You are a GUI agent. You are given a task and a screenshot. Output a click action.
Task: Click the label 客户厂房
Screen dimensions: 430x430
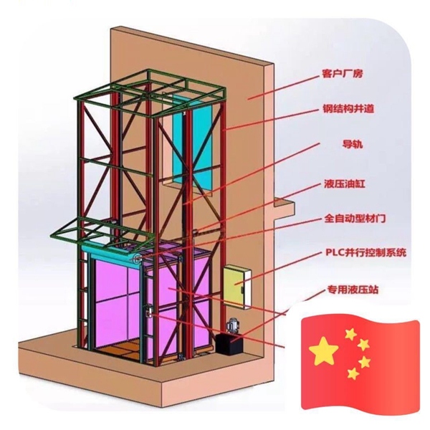click(343, 75)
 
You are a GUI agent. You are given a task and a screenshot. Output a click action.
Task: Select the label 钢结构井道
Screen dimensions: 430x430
click(348, 110)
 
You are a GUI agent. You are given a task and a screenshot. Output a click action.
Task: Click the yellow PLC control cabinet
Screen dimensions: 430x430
click(234, 285)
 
